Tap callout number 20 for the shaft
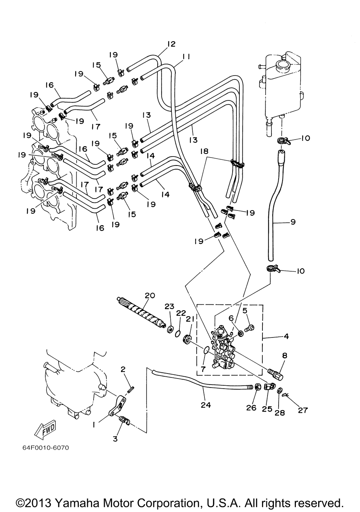point(150,295)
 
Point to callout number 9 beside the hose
point(293,222)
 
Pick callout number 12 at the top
point(171,44)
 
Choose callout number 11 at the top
point(186,56)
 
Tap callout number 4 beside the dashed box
point(286,337)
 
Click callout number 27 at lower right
point(303,410)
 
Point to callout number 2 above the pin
point(123,369)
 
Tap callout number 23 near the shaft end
point(169,307)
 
